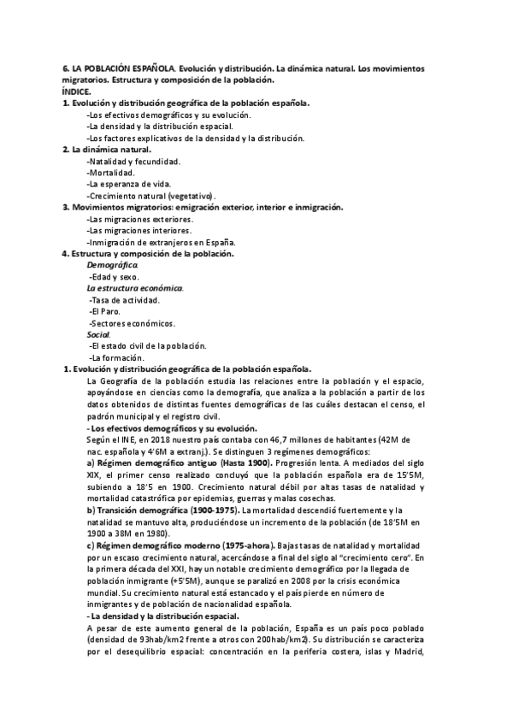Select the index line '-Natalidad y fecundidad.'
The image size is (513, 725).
pyautogui.click(x=134, y=161)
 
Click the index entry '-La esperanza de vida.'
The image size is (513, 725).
pyautogui.click(x=129, y=184)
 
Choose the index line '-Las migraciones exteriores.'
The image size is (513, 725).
pyautogui.click(x=139, y=219)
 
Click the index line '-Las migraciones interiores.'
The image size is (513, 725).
pyautogui.click(x=139, y=230)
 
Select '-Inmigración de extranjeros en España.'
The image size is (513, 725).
pyautogui.click(x=162, y=242)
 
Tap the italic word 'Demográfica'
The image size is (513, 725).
pyautogui.click(x=112, y=265)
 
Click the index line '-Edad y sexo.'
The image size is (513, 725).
pyautogui.click(x=115, y=277)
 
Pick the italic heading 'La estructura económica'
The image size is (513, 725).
pyautogui.click(x=135, y=288)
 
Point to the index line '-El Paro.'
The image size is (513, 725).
pyautogui.click(x=107, y=311)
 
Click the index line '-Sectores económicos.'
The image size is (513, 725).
pyautogui.click(x=133, y=323)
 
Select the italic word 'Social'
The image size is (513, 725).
pyautogui.click(x=99, y=334)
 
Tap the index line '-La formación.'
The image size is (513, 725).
pyautogui.click(x=117, y=357)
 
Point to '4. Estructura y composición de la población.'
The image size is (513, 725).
pyautogui.click(x=148, y=253)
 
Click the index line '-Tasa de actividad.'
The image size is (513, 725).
pyautogui.click(x=125, y=300)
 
